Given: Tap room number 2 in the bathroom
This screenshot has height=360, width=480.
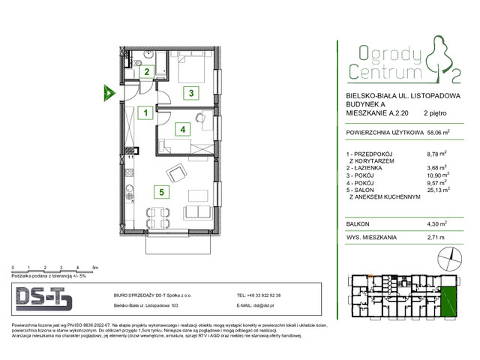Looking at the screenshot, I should [x=148, y=73].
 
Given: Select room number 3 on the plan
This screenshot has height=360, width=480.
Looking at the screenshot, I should [x=191, y=94].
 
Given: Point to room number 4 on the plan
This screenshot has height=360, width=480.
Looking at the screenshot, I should [x=182, y=129].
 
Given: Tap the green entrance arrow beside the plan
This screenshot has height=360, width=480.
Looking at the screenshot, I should [x=108, y=93].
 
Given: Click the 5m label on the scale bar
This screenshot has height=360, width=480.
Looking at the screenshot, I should [x=94, y=267].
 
